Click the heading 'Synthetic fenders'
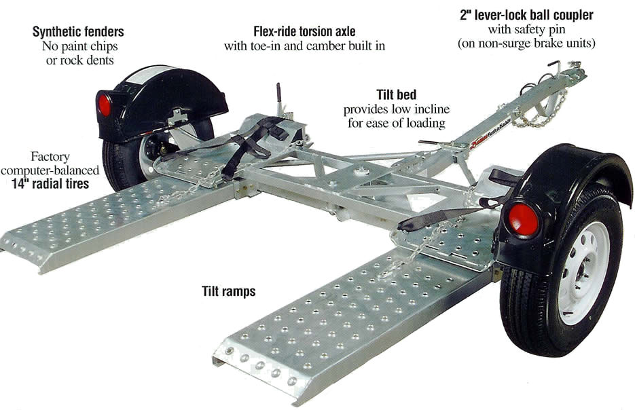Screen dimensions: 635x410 (78, 32)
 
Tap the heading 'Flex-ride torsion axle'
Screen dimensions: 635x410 (304, 31)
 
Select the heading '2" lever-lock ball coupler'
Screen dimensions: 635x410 (526, 16)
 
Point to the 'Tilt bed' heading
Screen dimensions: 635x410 (396, 95)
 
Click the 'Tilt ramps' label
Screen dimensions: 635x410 (229, 291)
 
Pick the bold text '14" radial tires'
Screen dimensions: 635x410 (50, 184)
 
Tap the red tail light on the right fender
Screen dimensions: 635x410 (523, 220)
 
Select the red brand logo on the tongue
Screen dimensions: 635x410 (479, 142)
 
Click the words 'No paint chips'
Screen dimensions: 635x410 (79, 46)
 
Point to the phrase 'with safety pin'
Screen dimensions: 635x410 (526, 30)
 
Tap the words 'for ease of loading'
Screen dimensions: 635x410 (397, 123)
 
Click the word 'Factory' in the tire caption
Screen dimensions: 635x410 (50, 157)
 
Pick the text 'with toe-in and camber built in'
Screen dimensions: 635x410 (304, 45)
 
